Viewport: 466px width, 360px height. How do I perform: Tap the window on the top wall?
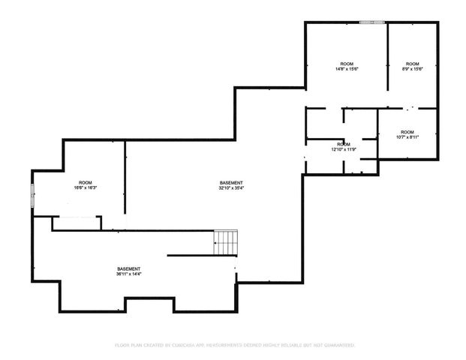368,22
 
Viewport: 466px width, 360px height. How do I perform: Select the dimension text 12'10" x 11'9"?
343,149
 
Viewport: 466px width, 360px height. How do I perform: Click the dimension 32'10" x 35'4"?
231,188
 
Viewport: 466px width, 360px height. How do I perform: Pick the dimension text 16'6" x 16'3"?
86,189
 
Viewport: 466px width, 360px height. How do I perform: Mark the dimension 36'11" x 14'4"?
128,274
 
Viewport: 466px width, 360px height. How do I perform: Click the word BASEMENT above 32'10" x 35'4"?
231,183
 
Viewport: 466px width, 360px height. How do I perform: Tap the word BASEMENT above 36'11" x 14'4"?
128,268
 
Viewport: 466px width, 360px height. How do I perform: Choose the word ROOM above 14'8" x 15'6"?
346,64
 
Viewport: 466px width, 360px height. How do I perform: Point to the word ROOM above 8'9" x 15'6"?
412,64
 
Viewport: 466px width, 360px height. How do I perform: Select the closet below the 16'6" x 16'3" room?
76,223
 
